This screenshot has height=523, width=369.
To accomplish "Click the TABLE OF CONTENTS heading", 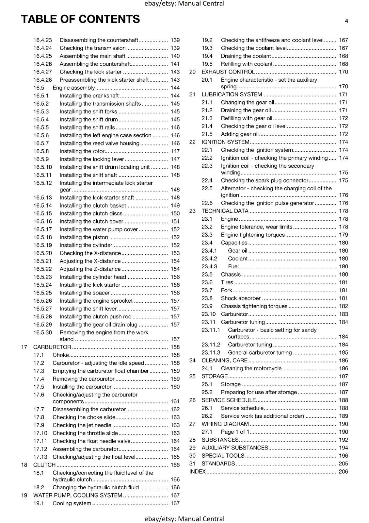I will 80,19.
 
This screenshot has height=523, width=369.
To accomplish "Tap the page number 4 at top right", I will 346,21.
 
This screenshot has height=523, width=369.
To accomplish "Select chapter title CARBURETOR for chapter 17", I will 52,347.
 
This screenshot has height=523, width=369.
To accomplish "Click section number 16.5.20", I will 42,253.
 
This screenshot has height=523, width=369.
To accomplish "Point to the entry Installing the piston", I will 84,237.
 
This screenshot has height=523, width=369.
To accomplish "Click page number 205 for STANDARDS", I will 343,464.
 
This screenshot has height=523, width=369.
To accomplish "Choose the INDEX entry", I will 197,472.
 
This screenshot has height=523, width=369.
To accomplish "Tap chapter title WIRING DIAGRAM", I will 225,424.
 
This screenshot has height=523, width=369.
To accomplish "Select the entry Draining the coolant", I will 246,56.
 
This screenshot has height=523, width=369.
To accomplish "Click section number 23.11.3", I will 211,353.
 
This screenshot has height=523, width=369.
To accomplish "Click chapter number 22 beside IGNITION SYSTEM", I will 192,142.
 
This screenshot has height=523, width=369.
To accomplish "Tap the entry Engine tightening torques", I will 253,235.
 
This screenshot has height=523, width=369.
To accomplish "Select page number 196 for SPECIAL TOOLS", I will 343,456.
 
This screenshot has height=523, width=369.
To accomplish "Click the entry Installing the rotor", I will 82,151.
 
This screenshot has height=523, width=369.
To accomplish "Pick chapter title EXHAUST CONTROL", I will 228,72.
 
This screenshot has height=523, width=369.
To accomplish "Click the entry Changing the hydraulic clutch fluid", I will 96,487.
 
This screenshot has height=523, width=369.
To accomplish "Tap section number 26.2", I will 207,416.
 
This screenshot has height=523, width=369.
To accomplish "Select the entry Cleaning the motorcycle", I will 251,368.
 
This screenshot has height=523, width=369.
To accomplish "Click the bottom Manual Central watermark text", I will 184,519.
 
